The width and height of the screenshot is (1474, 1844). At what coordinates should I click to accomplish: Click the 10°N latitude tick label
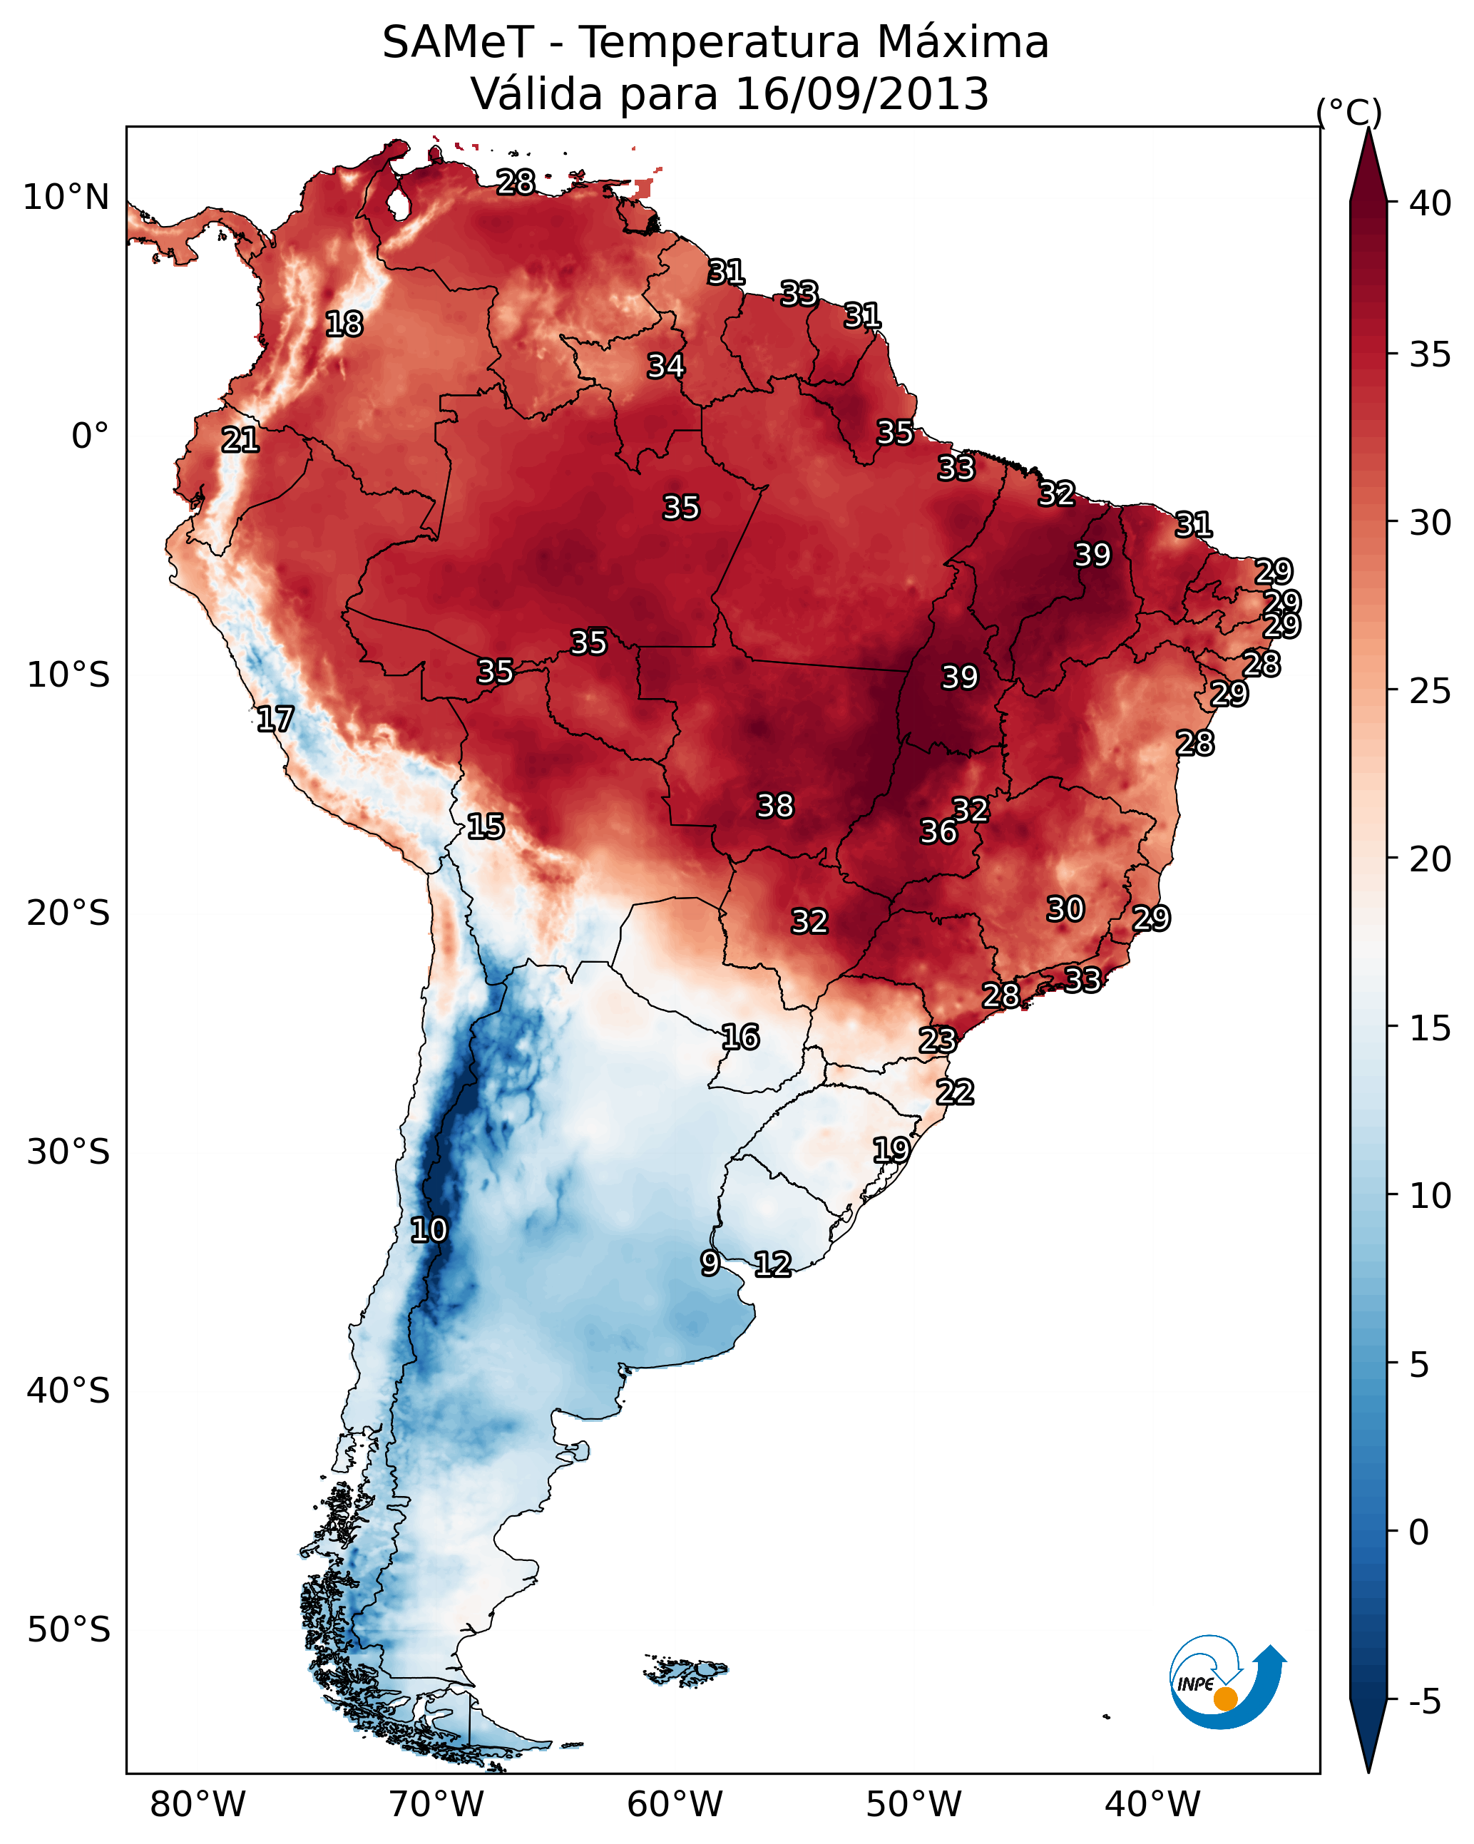click(x=66, y=198)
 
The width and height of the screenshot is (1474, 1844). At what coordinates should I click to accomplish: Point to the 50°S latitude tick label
click(x=68, y=1630)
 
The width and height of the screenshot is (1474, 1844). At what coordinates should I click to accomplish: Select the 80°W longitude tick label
click(x=198, y=1804)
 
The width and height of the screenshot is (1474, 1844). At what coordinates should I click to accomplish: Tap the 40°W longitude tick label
click(x=1152, y=1804)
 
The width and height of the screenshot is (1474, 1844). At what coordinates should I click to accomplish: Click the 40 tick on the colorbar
click(x=1431, y=203)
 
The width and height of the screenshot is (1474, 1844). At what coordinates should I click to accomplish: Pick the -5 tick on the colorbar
click(x=1424, y=1701)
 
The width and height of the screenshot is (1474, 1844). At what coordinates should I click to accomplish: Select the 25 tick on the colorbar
click(x=1431, y=690)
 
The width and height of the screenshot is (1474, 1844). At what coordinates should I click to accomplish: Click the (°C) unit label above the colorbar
click(x=1348, y=112)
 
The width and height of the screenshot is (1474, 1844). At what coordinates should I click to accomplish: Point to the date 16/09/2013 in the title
click(x=861, y=94)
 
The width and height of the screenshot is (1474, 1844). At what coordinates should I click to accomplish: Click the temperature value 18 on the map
click(x=344, y=324)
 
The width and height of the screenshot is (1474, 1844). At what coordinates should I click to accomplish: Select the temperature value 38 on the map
click(x=775, y=806)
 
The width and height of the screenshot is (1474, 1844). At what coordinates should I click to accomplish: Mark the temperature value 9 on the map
click(x=710, y=1262)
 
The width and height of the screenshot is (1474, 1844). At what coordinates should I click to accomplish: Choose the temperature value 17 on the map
click(x=275, y=719)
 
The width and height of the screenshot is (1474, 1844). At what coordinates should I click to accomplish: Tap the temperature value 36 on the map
click(x=938, y=831)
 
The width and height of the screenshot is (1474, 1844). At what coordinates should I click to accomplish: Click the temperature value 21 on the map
click(x=240, y=441)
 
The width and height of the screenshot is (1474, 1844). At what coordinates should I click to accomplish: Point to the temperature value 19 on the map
click(x=891, y=1149)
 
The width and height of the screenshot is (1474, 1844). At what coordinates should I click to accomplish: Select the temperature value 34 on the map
click(x=665, y=366)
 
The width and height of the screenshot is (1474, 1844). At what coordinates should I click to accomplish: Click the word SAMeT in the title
click(x=458, y=43)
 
